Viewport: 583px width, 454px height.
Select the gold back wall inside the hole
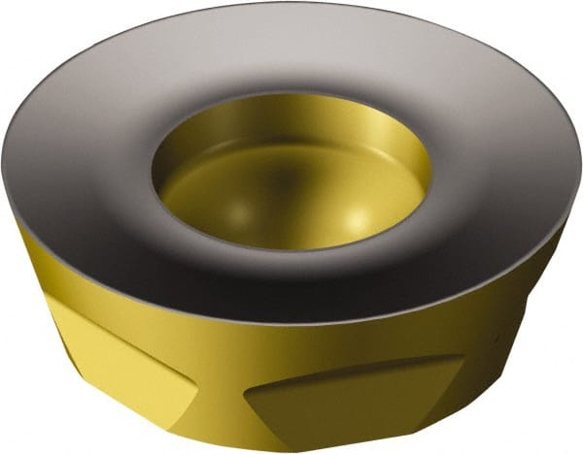pos(291,126)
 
